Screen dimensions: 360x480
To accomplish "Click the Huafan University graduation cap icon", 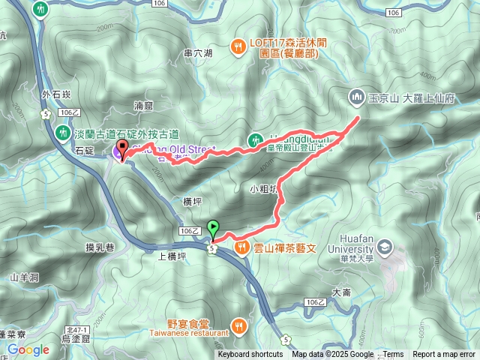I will click(x=385, y=247).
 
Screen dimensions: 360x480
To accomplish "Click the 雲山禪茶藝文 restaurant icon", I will click(x=241, y=247).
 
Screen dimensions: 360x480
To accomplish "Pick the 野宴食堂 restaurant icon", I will click(x=238, y=325).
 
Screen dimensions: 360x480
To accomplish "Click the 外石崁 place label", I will click(x=56, y=94).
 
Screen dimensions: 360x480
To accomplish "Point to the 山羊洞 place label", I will click(x=24, y=277).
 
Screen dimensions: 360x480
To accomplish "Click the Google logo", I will click(x=28, y=349).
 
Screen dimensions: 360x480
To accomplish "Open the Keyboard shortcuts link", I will click(x=250, y=355).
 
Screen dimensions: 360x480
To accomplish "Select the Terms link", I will click(x=393, y=355).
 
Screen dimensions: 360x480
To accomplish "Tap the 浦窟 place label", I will click(x=143, y=106).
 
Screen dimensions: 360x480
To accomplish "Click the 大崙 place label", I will click(x=341, y=292).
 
